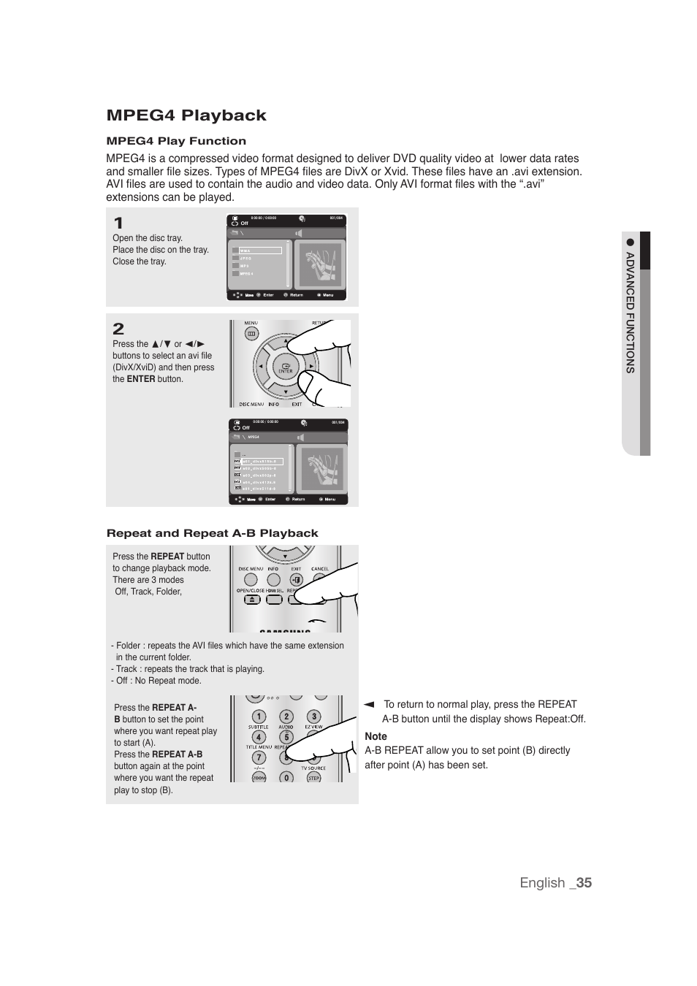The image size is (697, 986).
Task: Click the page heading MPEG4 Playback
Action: (186, 115)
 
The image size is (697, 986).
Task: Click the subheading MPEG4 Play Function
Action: (176, 141)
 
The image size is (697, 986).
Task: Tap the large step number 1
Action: (118, 223)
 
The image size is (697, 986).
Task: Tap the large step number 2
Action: (118, 329)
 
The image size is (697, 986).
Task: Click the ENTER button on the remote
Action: (286, 367)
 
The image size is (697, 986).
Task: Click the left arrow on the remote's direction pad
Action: (260, 366)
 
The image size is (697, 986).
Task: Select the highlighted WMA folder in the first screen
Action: (260, 251)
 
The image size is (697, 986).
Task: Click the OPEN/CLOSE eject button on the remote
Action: (251, 600)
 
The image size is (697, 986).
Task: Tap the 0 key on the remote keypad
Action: (286, 778)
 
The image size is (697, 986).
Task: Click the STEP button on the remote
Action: (313, 778)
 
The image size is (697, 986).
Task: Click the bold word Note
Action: (376, 736)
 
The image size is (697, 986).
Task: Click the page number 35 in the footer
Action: (583, 882)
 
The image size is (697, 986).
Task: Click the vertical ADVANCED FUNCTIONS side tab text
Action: (630, 313)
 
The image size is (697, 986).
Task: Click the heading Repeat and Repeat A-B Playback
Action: (212, 533)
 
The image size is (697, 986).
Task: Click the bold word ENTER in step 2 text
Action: (141, 379)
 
